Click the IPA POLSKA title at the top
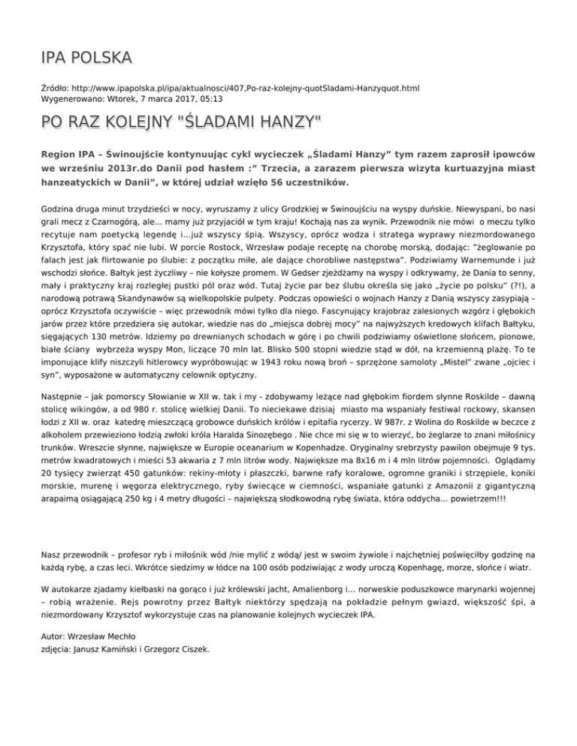tap(87, 58)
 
